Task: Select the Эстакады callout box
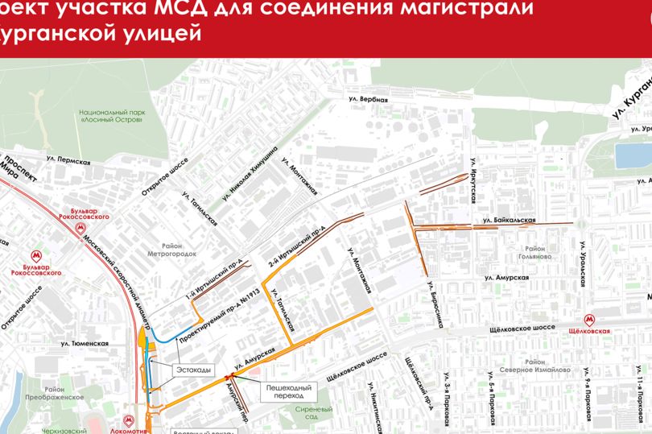click(x=193, y=370)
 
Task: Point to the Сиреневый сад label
click(x=307, y=413)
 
